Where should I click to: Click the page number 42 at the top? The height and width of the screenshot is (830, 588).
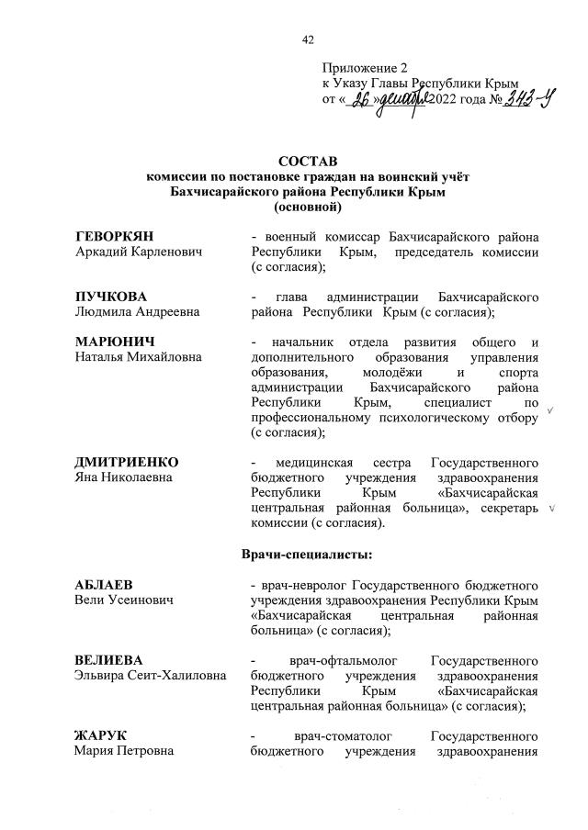(x=308, y=39)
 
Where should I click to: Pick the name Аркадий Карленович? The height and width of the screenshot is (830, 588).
(x=139, y=252)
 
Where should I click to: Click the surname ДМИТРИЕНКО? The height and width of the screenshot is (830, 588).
(x=127, y=461)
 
